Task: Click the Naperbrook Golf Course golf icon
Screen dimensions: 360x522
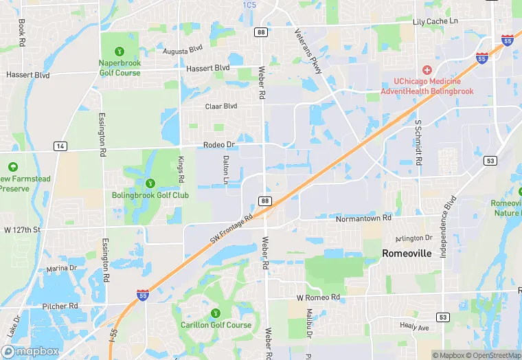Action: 120,51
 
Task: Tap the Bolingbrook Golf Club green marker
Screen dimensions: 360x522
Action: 150,183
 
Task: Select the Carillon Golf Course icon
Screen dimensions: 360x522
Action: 216,313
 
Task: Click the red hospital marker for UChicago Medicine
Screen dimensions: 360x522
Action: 427,70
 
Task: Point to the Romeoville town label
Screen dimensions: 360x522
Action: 407,254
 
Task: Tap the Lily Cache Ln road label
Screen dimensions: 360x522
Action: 435,22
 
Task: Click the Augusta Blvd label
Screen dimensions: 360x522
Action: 183,50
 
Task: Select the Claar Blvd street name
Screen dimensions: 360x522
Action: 220,106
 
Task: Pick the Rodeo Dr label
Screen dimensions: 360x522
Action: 219,145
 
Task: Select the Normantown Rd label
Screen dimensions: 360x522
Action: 363,218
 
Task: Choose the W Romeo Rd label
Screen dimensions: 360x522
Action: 318,297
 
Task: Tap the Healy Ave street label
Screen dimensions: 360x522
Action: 414,328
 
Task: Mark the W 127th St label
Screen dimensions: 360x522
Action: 23,229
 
